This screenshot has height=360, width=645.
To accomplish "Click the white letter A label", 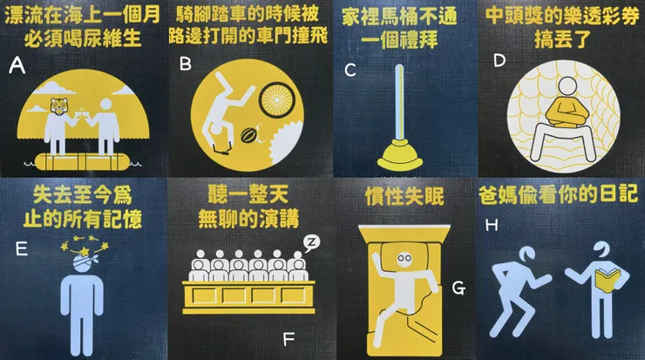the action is [x=17, y=65].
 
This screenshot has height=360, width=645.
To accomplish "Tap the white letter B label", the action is [x=186, y=64].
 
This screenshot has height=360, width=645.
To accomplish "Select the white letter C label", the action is [x=350, y=70].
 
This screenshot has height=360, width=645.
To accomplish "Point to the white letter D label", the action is [x=499, y=61].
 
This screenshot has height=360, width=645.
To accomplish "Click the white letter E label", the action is [x=22, y=249].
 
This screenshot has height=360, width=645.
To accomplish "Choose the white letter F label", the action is [x=289, y=339].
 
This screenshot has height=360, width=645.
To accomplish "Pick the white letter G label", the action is [x=458, y=289].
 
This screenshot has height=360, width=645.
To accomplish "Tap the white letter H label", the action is [x=492, y=225].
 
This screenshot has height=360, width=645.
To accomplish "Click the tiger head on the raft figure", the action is [x=58, y=107].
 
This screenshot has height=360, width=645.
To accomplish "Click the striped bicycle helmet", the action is [x=248, y=134].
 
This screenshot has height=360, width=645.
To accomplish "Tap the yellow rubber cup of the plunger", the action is [x=399, y=155].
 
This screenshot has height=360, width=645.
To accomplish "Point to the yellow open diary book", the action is [x=608, y=280].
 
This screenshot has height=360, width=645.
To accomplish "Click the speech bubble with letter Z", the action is [x=311, y=242].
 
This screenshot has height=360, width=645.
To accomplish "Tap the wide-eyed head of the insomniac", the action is [x=404, y=260].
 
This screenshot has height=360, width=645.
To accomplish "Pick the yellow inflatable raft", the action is [x=83, y=161].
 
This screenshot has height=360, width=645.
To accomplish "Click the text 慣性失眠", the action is [x=404, y=197].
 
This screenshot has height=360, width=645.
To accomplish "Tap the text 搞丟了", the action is [x=563, y=39].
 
